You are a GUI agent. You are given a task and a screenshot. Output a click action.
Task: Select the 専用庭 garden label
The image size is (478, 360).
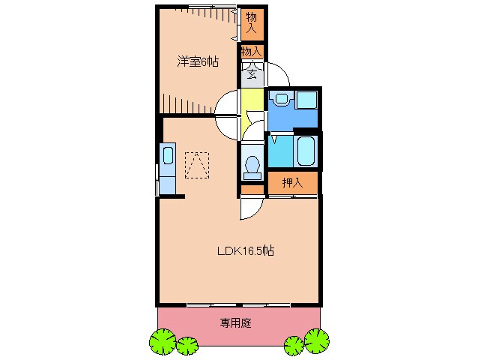click(235, 324)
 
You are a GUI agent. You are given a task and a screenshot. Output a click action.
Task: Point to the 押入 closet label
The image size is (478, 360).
click(292, 183)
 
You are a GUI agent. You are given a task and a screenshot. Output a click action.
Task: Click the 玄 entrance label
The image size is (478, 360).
click(252, 73)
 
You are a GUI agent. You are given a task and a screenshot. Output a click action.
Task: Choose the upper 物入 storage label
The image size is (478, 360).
click(251, 23)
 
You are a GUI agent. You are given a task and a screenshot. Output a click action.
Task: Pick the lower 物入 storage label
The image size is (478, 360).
click(251, 52)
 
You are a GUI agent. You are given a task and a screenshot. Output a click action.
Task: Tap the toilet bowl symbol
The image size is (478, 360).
click(252, 164)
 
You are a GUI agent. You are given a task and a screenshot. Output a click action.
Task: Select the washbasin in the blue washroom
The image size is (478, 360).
click(281, 98)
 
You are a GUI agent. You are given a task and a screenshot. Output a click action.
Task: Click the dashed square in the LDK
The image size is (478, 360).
click(198, 166)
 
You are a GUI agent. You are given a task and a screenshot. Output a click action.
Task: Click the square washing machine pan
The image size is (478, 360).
click(306, 100)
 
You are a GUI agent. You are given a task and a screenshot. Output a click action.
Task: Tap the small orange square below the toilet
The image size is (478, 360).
click(252, 189)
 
